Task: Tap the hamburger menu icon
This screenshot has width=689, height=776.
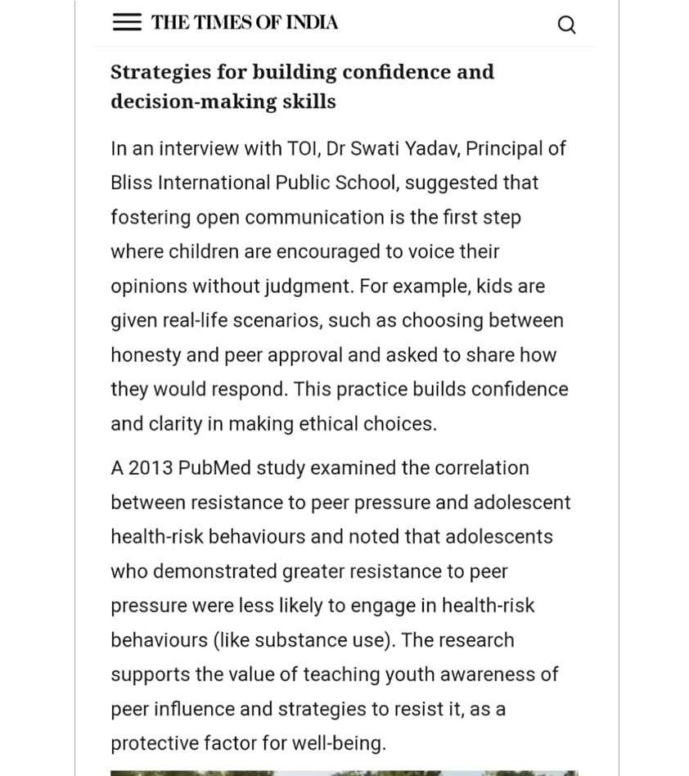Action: [127, 22]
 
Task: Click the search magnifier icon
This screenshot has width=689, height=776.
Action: [566, 25]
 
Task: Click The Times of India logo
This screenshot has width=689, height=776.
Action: [244, 22]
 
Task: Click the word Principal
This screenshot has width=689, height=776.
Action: [504, 149]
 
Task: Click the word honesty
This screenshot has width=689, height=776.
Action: [145, 355]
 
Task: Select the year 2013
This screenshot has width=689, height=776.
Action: [151, 468]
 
